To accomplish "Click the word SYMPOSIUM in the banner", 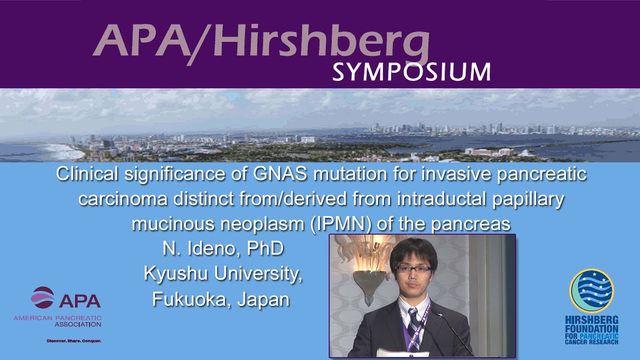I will (411, 72).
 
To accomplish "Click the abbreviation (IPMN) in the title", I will (338, 224).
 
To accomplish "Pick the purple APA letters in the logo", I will (79, 300).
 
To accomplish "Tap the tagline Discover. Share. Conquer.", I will (74, 340).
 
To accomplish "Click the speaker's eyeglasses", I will (413, 269).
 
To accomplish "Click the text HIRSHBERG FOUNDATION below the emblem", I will (591, 324).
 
